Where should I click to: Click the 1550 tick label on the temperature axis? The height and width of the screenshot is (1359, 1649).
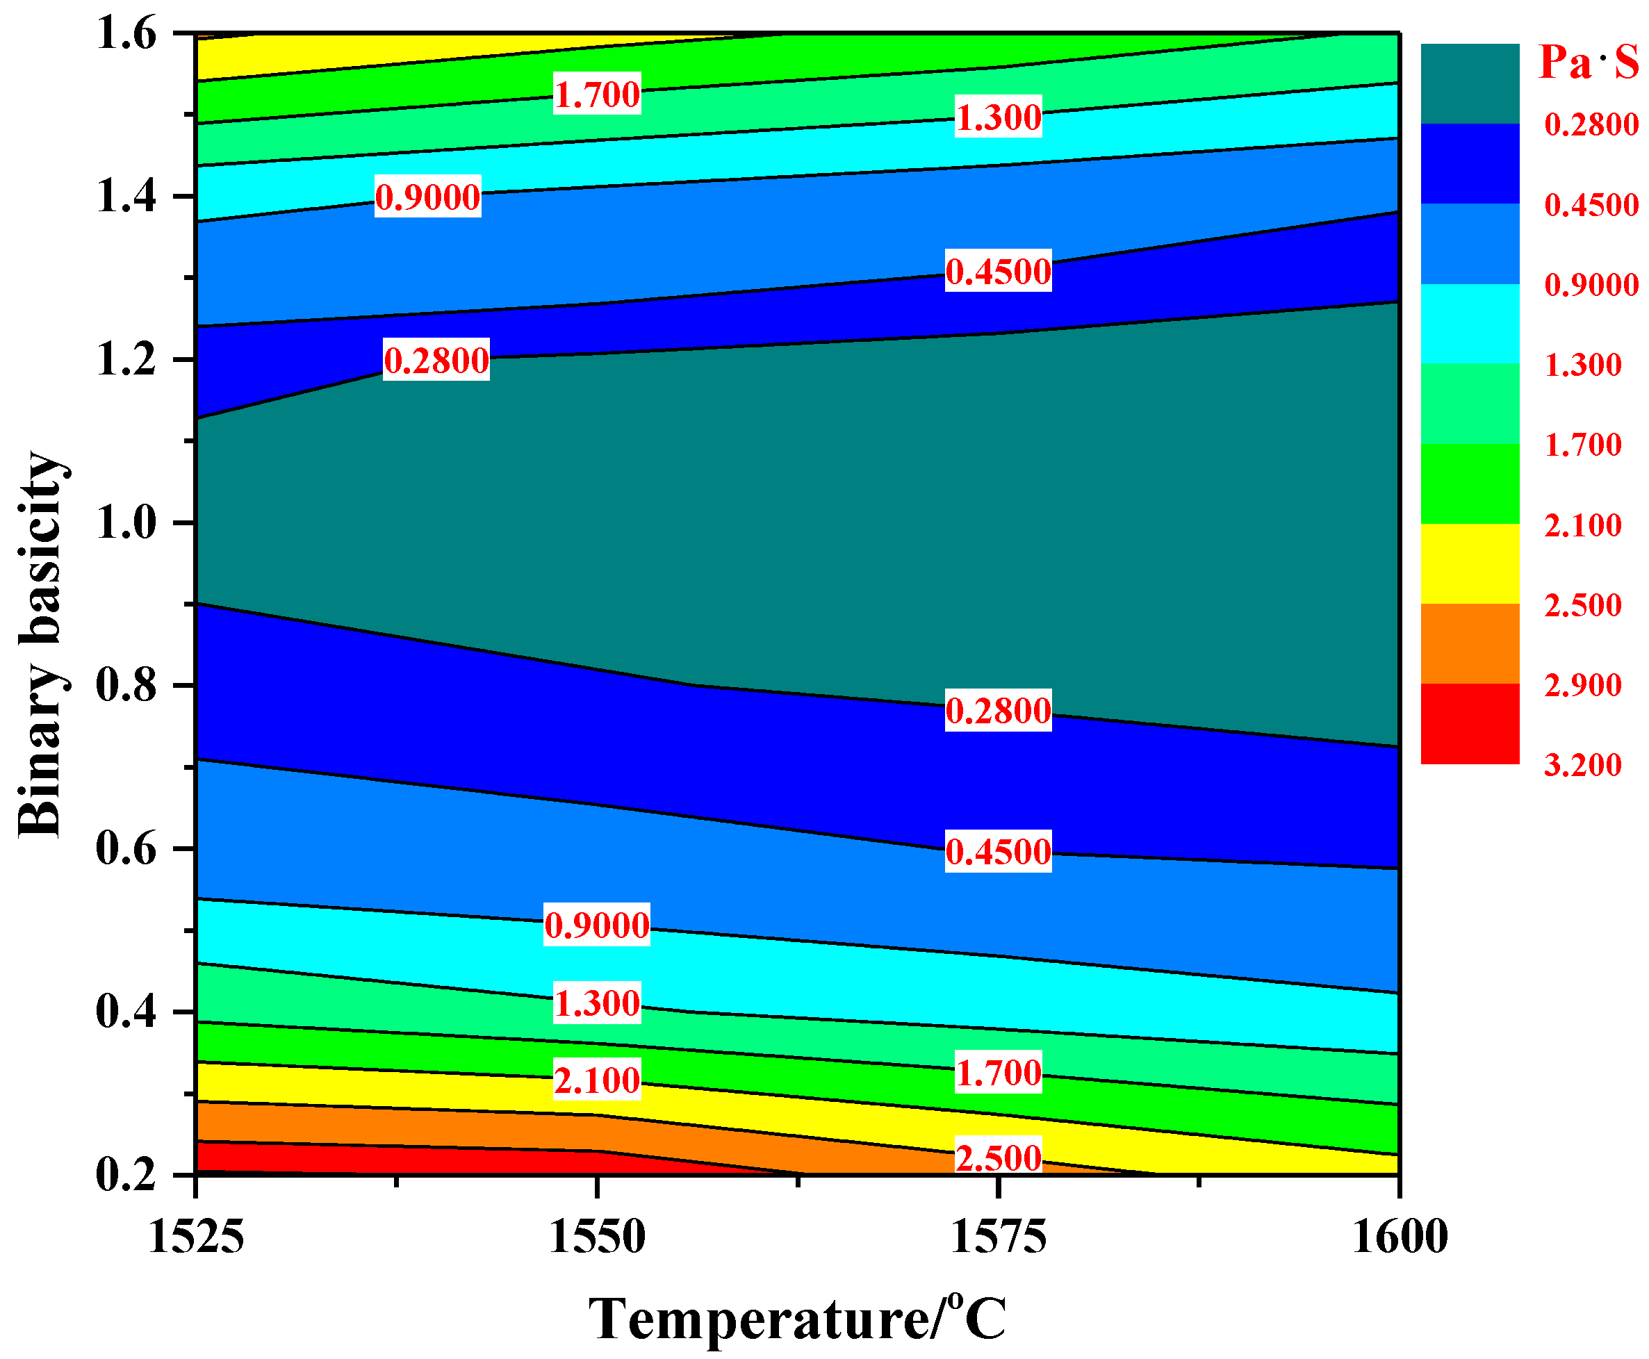(597, 1238)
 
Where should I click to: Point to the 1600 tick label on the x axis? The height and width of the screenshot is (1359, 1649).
(1400, 1238)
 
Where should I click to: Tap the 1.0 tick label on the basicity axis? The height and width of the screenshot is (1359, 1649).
(126, 522)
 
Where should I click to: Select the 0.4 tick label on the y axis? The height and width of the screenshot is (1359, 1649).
(126, 1012)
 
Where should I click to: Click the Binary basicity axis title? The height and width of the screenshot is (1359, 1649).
(41, 643)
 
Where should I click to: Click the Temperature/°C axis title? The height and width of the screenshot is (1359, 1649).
(797, 1320)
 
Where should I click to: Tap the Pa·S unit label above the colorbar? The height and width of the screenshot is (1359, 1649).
(1588, 63)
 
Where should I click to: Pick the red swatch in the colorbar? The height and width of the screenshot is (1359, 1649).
(1470, 723)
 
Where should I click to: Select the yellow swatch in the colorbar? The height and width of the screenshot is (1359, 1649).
(1470, 563)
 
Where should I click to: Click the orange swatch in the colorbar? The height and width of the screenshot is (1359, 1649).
(1470, 643)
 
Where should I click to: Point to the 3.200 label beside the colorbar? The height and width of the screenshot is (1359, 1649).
(1582, 765)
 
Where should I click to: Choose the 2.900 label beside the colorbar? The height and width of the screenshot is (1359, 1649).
(1582, 685)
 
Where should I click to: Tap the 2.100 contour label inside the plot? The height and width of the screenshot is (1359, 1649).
(597, 1081)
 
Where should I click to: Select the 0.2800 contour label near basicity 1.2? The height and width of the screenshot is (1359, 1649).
(436, 361)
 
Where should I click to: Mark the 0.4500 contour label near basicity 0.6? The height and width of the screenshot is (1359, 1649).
(999, 852)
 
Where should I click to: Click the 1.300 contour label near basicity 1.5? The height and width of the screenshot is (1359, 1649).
(999, 118)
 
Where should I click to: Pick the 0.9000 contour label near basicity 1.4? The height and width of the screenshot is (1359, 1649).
(427, 197)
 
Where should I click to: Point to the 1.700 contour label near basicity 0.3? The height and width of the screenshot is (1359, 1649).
(999, 1073)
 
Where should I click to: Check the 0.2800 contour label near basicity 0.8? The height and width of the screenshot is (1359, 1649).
(999, 711)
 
